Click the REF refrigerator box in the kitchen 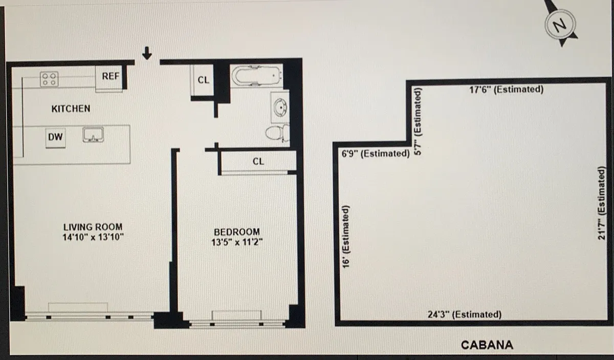click(x=109, y=78)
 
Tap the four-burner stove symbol click(x=49, y=79)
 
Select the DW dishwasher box click(x=55, y=138)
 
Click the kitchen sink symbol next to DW click(x=93, y=135)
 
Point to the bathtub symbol click(x=257, y=75)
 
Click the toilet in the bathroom click(x=277, y=133)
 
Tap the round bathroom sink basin click(x=280, y=107)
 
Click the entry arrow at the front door click(x=147, y=53)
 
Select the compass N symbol click(x=560, y=25)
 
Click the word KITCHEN click(x=71, y=109)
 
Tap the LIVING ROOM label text click(x=93, y=227)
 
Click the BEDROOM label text click(x=237, y=232)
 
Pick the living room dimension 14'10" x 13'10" click(x=93, y=237)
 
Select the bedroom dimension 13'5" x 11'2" click(x=237, y=242)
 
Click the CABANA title click(x=487, y=345)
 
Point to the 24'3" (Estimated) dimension click(x=465, y=314)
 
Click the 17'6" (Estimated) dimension click(x=506, y=89)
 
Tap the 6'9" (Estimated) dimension click(x=376, y=153)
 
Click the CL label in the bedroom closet click(x=258, y=162)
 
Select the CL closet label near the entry click(x=204, y=80)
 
